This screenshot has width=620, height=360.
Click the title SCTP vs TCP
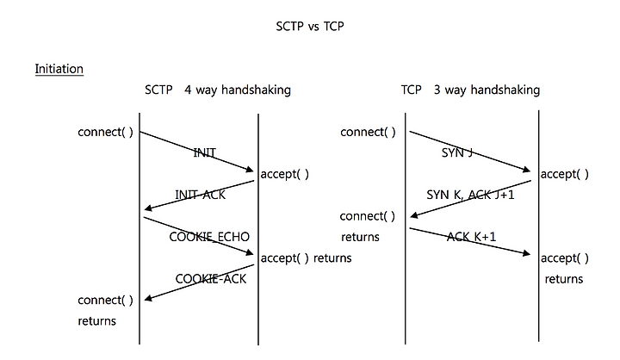pos(310,26)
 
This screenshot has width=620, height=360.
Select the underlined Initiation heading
pos(59,69)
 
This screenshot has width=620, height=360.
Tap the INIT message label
pos(204,152)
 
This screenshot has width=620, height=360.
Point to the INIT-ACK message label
pos(200,195)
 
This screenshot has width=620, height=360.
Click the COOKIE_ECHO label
pos(209,237)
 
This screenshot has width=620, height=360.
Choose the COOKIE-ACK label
pos(211,279)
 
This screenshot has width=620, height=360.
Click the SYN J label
pos(457,152)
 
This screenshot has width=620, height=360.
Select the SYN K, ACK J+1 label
pos(470,195)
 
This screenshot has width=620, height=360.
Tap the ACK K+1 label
pos(471,237)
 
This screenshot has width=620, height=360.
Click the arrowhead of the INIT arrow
pos(253,171)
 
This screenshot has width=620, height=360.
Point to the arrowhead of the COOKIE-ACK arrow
pos(145,299)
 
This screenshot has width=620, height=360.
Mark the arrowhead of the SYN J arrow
pos(530,171)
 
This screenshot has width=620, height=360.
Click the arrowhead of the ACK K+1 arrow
pos(530,253)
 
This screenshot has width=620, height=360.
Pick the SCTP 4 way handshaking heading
pos(218,90)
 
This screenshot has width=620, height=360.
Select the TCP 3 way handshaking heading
pos(470,90)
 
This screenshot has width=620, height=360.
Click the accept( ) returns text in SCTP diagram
pos(306,258)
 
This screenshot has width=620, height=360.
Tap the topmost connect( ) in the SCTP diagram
pos(105,132)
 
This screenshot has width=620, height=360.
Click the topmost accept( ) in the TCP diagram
pos(565,174)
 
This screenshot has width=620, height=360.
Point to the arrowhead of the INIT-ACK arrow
pos(145,209)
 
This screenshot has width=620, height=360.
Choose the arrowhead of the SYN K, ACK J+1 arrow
pos(411,216)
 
